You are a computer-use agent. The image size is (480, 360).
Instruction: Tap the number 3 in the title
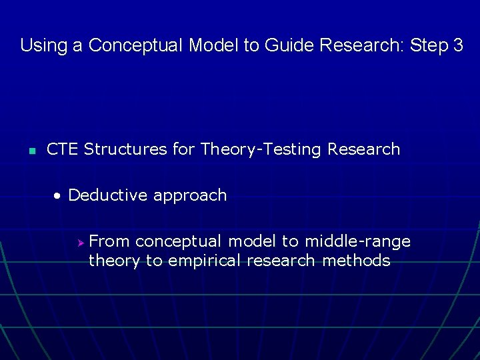pos(457,45)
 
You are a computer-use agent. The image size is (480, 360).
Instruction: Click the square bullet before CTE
pos(31,150)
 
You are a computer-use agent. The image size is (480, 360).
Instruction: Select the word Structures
pos(125,149)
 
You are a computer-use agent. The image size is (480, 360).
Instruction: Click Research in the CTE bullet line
pos(363,149)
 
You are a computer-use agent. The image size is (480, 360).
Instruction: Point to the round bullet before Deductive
pos(59,196)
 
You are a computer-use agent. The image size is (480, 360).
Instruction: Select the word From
pos(109,241)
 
